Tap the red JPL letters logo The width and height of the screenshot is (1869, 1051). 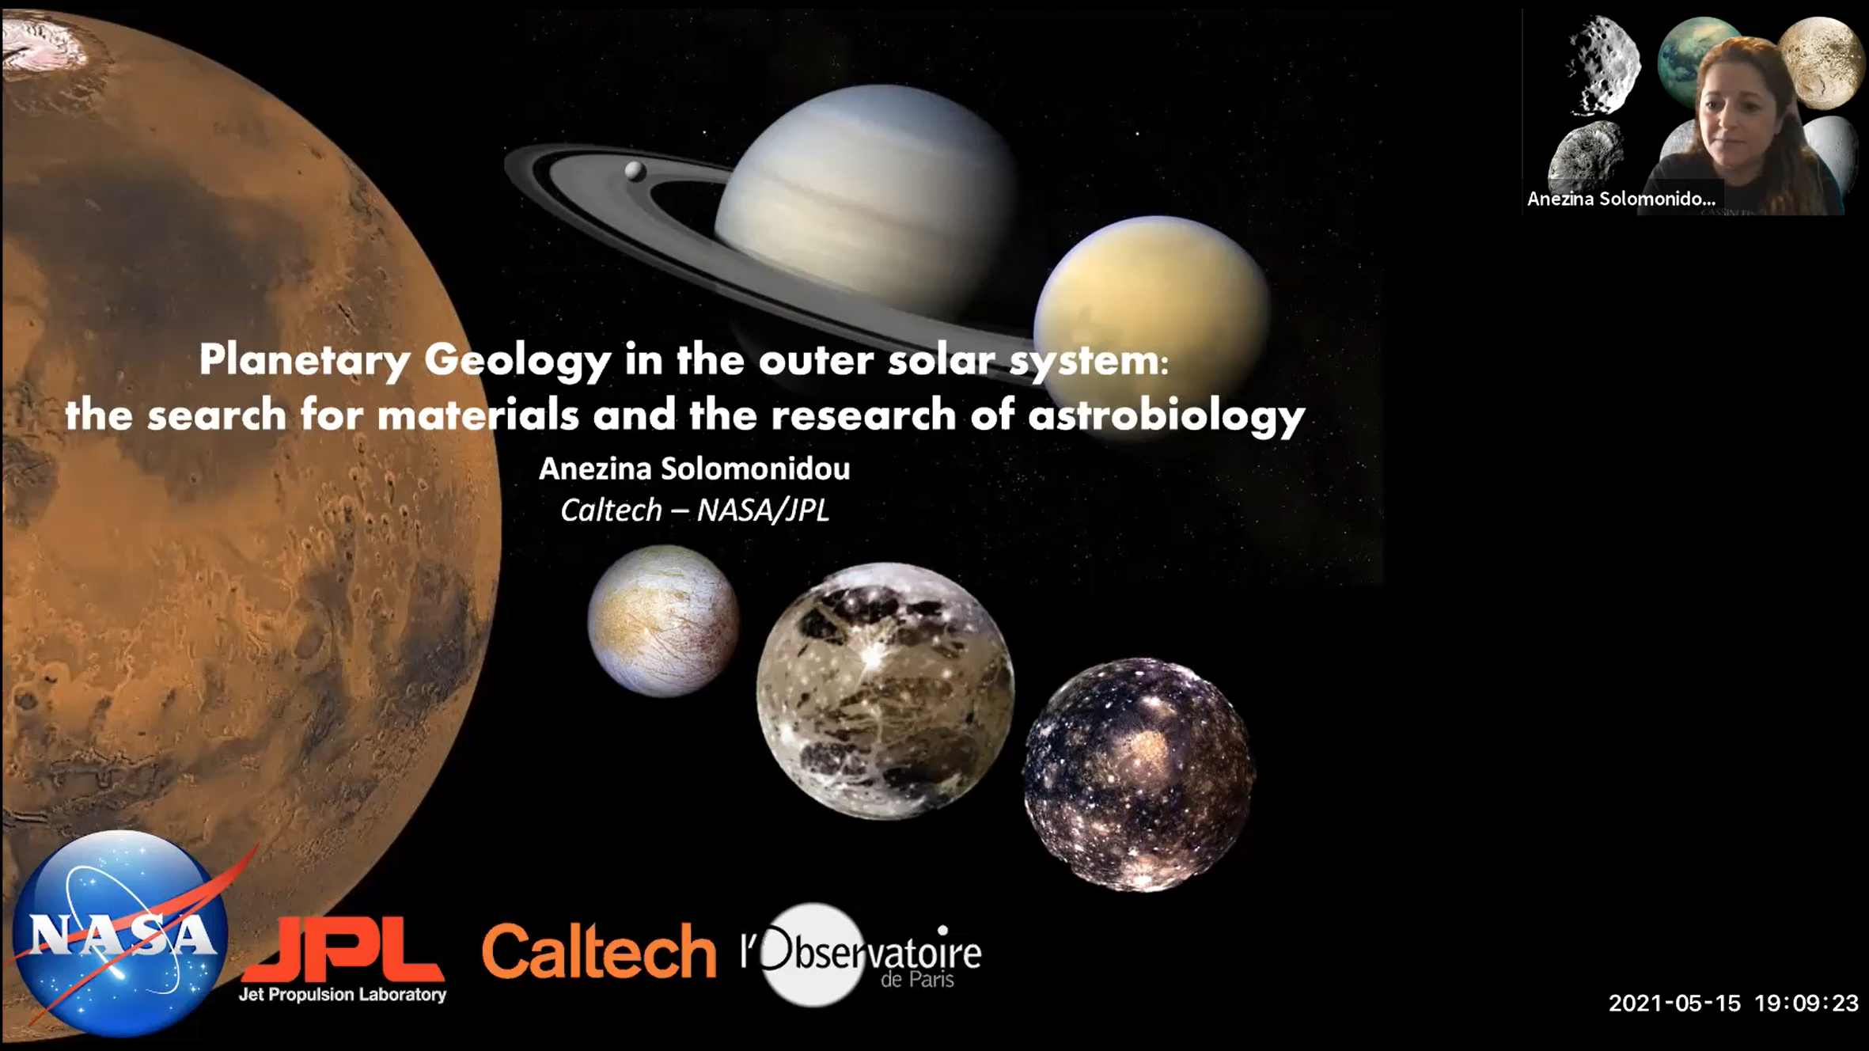point(343,950)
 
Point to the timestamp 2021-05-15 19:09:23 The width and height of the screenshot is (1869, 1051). point(1733,1004)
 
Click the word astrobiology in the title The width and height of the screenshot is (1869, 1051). point(1166,415)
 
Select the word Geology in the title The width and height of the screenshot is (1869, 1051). point(517,361)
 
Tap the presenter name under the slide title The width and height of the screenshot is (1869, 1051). point(695,469)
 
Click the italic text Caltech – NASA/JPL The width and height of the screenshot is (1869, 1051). point(695,510)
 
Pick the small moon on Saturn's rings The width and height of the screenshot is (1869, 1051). point(635,170)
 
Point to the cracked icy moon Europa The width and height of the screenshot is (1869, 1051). point(663,621)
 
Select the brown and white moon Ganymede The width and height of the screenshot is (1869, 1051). point(885,691)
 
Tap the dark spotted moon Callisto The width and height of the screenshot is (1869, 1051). point(1139,775)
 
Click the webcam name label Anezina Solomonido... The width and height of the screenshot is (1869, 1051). point(1621,199)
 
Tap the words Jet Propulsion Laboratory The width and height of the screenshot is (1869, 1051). point(343,995)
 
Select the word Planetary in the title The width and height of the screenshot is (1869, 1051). point(305,361)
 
